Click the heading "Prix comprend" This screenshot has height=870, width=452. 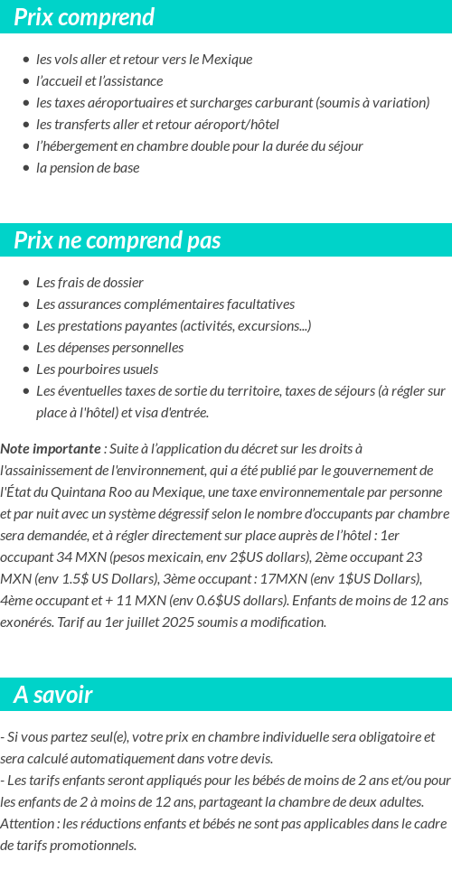coord(84,17)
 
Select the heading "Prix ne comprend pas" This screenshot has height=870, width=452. coord(118,240)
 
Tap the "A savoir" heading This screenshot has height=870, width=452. coord(53,695)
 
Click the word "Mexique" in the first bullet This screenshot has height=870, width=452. coord(229,60)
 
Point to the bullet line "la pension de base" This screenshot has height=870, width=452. coord(88,168)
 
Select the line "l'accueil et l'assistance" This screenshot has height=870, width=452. coord(99,81)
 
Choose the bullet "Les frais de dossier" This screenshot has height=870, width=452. coord(89,283)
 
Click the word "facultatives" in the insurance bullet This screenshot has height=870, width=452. coord(259,304)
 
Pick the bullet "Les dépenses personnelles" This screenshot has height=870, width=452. coord(109,348)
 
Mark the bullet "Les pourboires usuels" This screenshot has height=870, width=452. coord(97,370)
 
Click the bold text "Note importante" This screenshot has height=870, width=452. coord(51,449)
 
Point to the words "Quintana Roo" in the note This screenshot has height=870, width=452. coord(97,492)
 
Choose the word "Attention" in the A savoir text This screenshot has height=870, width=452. coord(27,824)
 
